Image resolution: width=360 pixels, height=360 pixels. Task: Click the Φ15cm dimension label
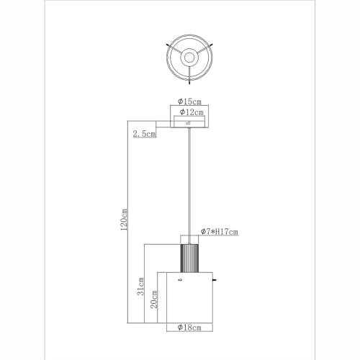189,102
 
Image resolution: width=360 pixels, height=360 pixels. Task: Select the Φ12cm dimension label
192,112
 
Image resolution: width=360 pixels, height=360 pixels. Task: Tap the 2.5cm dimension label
145,134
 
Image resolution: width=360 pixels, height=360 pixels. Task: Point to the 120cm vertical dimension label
124,220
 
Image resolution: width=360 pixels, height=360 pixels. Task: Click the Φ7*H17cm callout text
220,232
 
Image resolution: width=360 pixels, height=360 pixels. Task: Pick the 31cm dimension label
140,286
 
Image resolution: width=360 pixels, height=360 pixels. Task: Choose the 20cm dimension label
154,300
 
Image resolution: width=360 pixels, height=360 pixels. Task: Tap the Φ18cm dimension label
189,328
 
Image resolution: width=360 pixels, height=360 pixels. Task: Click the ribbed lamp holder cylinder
189,258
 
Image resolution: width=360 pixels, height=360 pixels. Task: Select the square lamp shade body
189,297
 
